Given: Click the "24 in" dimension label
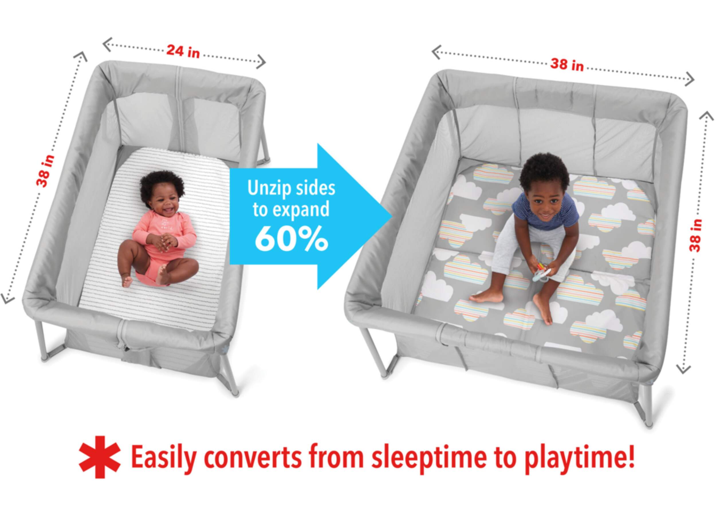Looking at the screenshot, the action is (x=183, y=51).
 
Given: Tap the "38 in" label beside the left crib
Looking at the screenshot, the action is (x=46, y=171).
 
